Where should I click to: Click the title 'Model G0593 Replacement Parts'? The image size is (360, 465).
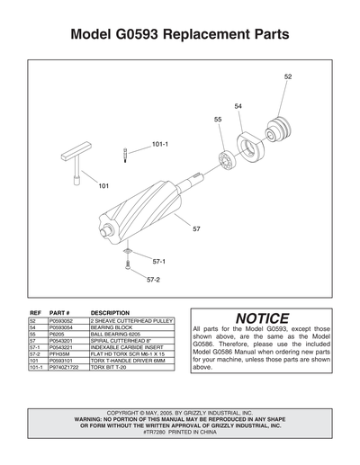[x=180, y=35]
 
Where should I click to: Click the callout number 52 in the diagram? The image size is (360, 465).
[x=288, y=77]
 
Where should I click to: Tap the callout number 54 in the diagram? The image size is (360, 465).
[x=238, y=106]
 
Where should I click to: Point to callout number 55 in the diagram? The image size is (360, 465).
[x=218, y=119]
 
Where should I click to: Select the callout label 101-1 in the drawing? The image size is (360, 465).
[x=159, y=144]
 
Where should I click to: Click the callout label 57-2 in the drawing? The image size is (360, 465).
[x=153, y=280]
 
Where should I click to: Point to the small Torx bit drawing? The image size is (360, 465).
[x=125, y=156]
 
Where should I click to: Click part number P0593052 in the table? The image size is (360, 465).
[x=63, y=319]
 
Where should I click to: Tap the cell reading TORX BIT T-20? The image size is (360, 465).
[x=109, y=368]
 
